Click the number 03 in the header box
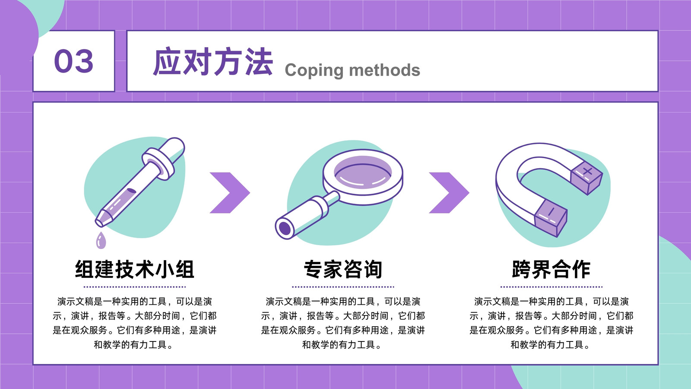point(73,61)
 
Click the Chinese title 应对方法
point(213,62)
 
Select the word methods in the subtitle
point(384,70)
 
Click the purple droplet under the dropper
point(101,240)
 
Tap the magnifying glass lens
point(363,172)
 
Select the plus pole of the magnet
point(586,178)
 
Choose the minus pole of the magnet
point(550,218)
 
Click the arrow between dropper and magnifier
point(230,193)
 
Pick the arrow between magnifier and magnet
point(449,193)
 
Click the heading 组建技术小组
point(134,269)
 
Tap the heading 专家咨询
point(343,269)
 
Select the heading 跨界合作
point(551,269)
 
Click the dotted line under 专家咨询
point(343,287)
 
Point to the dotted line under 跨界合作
point(551,287)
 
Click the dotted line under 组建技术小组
point(134,287)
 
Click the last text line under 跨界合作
point(550,344)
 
